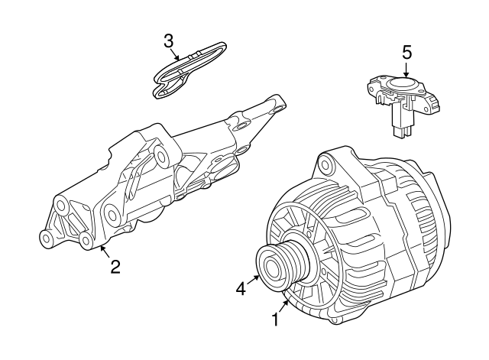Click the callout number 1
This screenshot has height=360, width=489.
(275, 319)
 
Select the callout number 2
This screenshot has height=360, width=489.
(115, 267)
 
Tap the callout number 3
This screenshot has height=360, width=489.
(168, 41)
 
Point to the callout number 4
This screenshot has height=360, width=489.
(241, 289)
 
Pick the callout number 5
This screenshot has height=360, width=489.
(406, 52)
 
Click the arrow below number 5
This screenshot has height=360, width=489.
(406, 70)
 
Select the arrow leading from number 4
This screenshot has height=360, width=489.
(253, 280)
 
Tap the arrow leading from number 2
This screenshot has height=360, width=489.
(105, 251)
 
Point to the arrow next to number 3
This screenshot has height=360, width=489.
(176, 54)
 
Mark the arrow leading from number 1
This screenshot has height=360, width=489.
(283, 306)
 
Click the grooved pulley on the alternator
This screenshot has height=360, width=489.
(283, 265)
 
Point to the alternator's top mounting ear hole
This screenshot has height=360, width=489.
(326, 164)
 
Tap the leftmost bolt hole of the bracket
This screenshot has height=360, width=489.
(46, 238)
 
